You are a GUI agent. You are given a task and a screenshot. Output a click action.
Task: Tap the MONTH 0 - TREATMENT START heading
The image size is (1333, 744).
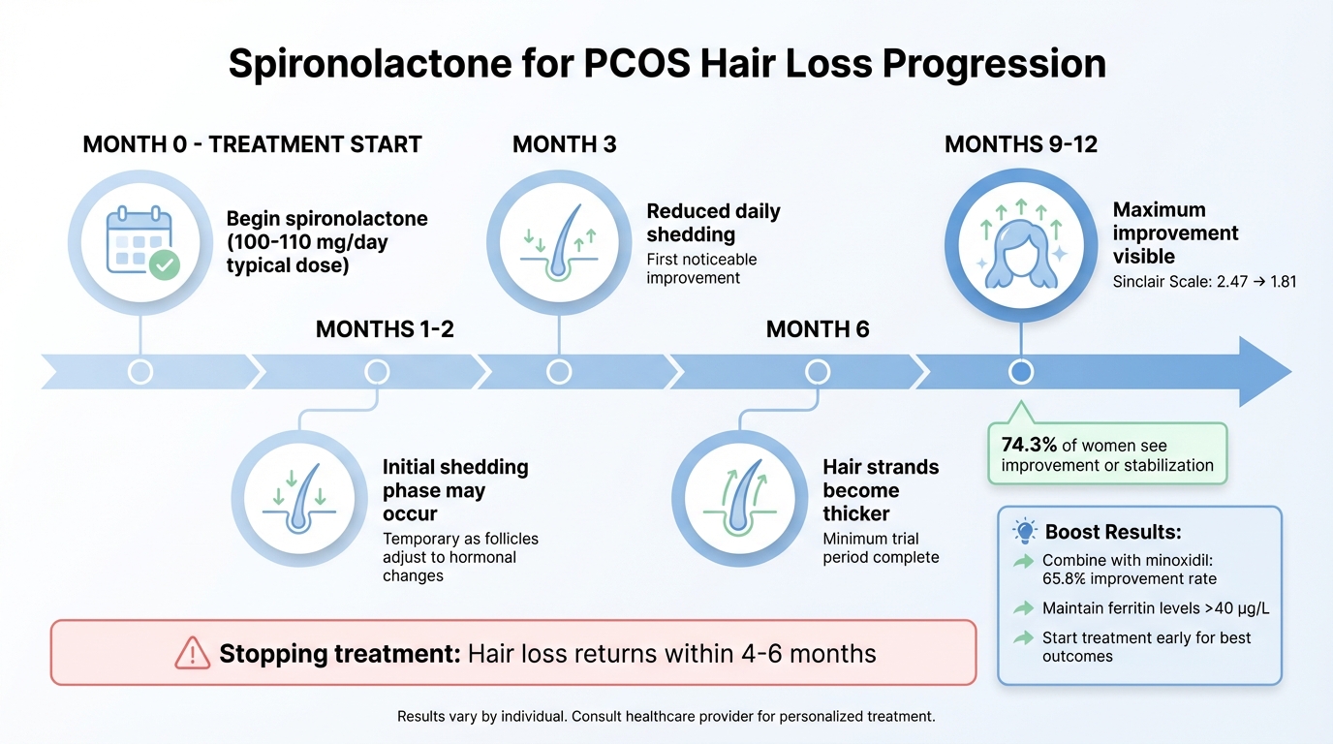tap(252, 145)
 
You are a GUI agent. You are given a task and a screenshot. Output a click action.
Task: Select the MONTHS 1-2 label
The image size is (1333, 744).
tap(385, 329)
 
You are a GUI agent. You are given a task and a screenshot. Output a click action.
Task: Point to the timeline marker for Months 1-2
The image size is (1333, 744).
tap(377, 372)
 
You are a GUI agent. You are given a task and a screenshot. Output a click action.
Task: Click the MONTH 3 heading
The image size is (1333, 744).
tap(564, 145)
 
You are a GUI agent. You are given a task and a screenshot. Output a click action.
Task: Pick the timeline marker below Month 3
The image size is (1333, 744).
tap(559, 372)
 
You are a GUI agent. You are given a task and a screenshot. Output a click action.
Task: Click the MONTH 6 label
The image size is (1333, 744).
tap(817, 329)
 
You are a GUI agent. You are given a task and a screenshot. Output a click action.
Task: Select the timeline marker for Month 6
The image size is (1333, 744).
tap(818, 372)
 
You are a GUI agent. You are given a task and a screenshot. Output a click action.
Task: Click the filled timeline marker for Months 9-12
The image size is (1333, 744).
tap(1020, 372)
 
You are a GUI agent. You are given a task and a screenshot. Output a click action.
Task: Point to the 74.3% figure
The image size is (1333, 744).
tap(1029, 446)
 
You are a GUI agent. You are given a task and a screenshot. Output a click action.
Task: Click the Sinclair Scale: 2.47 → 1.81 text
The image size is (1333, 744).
tap(1204, 282)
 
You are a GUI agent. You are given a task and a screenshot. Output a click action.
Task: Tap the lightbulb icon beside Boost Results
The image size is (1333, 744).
tap(1024, 531)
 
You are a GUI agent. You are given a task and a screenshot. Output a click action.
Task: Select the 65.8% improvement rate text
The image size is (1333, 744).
tap(1129, 579)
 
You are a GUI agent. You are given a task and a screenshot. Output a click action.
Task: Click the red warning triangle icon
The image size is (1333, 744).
tap(193, 654)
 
